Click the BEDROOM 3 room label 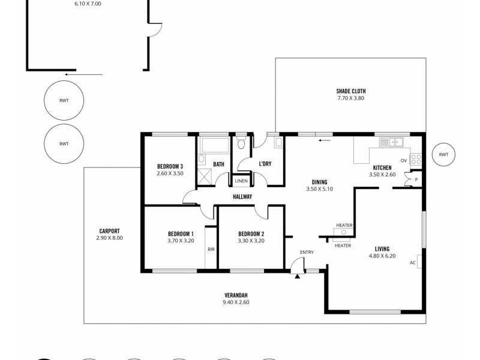(170, 166)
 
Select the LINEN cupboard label (241, 181)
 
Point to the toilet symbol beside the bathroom (241, 144)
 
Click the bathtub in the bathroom (213, 146)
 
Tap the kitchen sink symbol (394, 142)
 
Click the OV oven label (404, 160)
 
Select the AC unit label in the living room (413, 262)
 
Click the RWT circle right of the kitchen (443, 155)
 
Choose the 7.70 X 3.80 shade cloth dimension (351, 98)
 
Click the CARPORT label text (109, 231)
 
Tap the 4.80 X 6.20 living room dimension (382, 256)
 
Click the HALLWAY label (242, 196)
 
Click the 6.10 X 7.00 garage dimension (88, 4)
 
